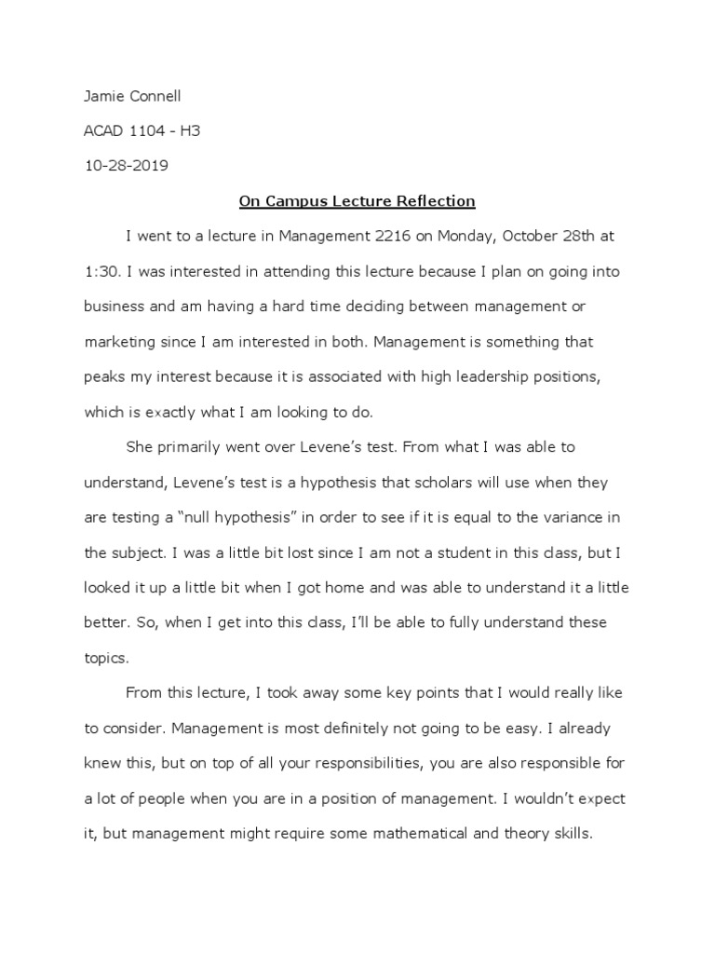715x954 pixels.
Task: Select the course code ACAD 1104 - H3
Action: (x=142, y=130)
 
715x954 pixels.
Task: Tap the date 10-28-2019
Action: (x=127, y=166)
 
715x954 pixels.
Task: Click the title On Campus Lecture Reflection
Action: (x=357, y=201)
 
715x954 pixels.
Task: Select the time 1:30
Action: (x=101, y=272)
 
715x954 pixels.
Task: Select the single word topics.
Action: (x=105, y=658)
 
